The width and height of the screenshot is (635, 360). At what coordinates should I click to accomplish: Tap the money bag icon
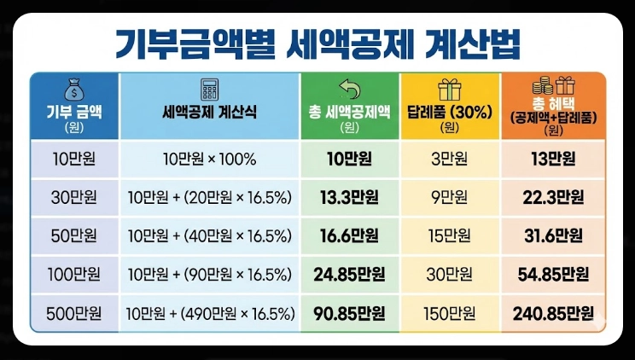click(x=73, y=89)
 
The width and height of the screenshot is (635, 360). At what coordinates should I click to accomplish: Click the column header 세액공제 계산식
click(x=209, y=112)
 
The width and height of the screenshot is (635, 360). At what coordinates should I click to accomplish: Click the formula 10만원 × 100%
click(x=209, y=159)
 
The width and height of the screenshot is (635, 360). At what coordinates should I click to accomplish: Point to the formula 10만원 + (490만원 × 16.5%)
click(x=209, y=313)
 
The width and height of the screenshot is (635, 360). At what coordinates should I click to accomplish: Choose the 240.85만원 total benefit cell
click(x=554, y=313)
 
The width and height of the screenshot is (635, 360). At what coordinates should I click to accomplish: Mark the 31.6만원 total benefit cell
click(x=554, y=235)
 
